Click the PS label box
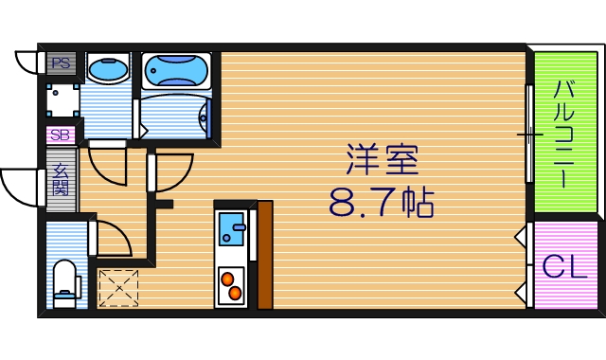click(x=61, y=64)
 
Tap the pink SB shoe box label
click(x=61, y=135)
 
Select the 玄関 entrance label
click(x=61, y=179)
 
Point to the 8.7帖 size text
click(x=382, y=201)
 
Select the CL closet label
click(x=565, y=267)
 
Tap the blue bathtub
click(x=176, y=70)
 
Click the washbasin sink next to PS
click(x=108, y=68)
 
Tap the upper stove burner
click(x=228, y=277)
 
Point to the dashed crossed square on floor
click(x=118, y=288)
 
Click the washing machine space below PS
click(x=62, y=100)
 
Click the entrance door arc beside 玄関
click(x=21, y=188)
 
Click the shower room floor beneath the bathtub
click(x=175, y=116)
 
